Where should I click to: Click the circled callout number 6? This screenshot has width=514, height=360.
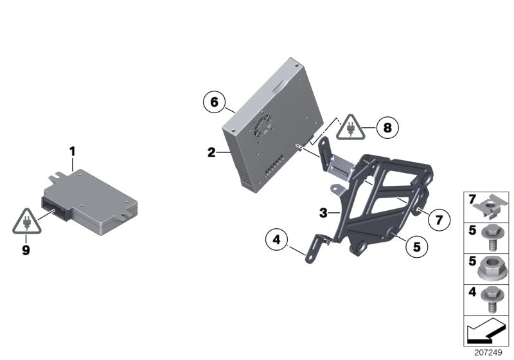click(215, 102)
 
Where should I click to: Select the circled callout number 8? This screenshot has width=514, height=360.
click(387, 128)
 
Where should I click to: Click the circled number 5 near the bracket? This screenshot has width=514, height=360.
click(416, 245)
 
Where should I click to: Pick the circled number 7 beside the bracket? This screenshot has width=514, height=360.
click(439, 220)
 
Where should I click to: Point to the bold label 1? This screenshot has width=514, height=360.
click(73, 151)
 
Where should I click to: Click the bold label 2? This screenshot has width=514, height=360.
click(211, 152)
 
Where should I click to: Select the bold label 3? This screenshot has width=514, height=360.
click(324, 212)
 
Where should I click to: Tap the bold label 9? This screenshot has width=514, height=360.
click(26, 251)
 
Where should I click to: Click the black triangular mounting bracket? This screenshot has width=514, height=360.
click(382, 199)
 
